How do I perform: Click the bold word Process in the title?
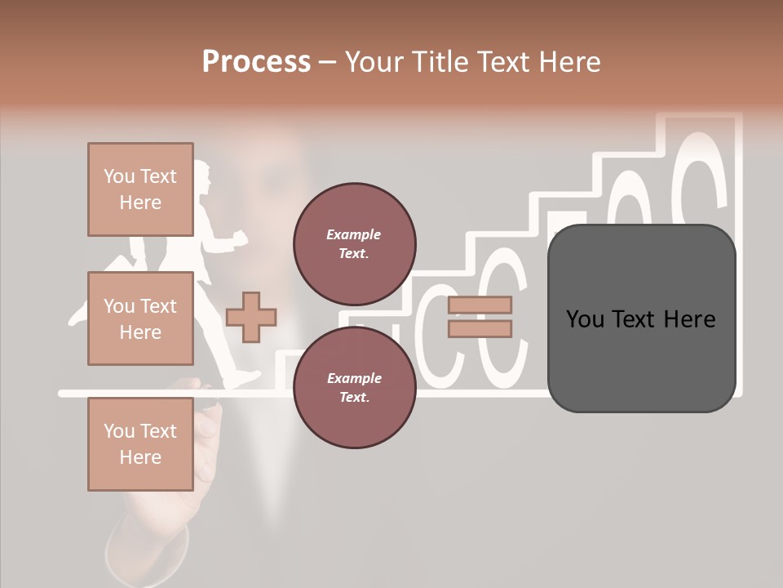pyautogui.click(x=256, y=61)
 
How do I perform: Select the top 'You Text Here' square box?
pyautogui.click(x=140, y=189)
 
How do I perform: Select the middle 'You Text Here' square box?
pyautogui.click(x=140, y=318)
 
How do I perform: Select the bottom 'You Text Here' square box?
pyautogui.click(x=140, y=444)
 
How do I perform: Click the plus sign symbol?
pyautogui.click(x=251, y=317)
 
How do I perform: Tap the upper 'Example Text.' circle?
pyautogui.click(x=354, y=244)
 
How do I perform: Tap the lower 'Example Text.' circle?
pyautogui.click(x=354, y=388)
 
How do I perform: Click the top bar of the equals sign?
pyautogui.click(x=480, y=305)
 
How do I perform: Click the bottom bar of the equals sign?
pyautogui.click(x=480, y=328)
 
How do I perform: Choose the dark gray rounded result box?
pyautogui.click(x=641, y=318)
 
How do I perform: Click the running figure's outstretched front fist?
pyautogui.click(x=240, y=237)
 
